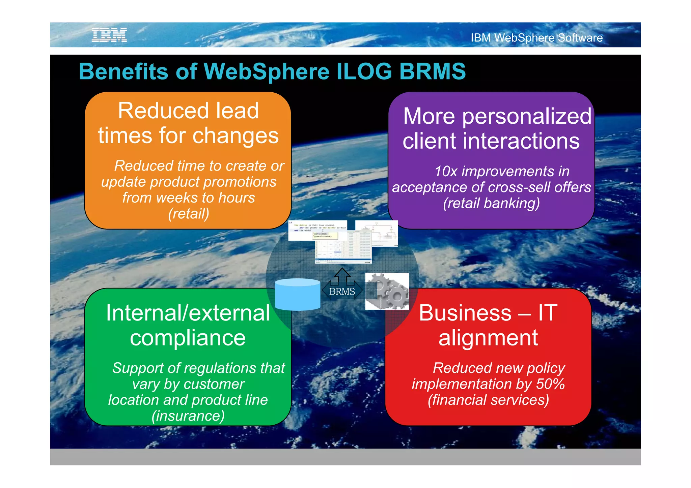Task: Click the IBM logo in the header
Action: (109, 35)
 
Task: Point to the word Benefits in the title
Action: (123, 71)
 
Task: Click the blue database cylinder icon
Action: (297, 294)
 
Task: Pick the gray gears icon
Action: (387, 291)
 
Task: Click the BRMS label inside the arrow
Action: (342, 291)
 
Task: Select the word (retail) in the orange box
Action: (189, 214)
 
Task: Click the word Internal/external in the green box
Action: (188, 313)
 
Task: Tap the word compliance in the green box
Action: (188, 338)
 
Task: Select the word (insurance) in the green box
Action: (188, 416)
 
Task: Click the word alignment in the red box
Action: (488, 338)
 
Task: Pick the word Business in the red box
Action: (465, 313)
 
